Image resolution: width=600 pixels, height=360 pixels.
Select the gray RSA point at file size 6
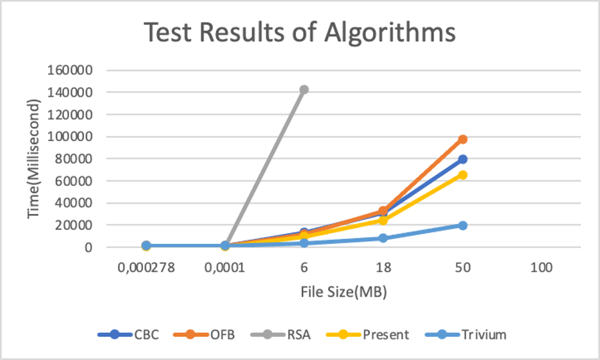click(x=304, y=90)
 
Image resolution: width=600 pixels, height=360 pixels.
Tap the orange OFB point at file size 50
click(x=462, y=139)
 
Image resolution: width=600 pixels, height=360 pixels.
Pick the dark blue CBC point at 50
click(x=462, y=159)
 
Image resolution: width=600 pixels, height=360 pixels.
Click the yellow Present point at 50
click(x=462, y=175)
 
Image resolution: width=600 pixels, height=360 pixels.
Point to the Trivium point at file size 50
click(x=462, y=225)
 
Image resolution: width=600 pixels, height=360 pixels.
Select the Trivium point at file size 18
click(x=383, y=238)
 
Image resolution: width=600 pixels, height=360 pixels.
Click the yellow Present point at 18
click(x=383, y=220)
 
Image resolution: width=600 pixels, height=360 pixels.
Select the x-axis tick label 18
click(x=383, y=268)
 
